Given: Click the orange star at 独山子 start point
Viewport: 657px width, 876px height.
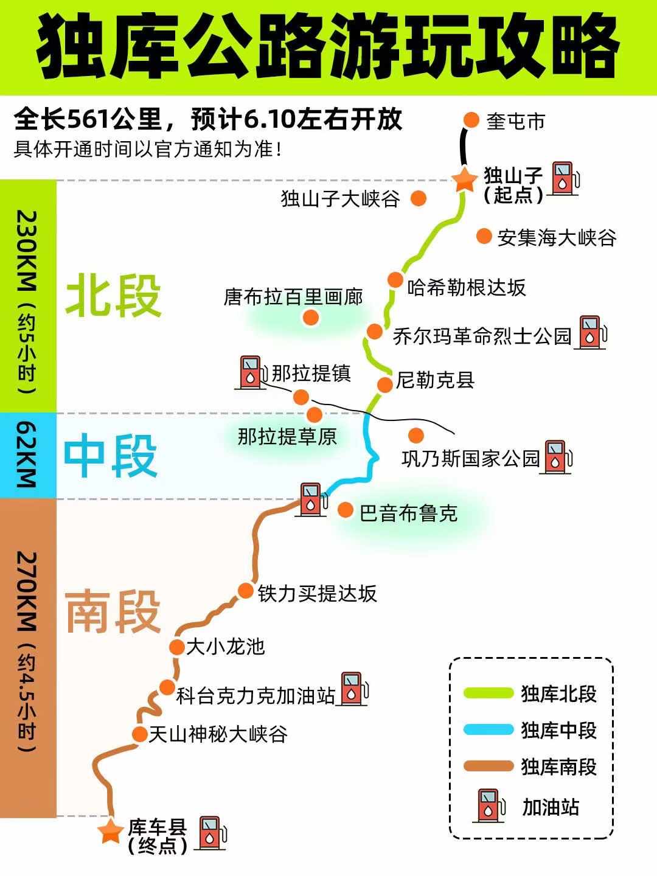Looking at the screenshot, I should [464, 179].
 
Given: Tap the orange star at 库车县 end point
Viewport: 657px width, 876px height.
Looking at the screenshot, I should [111, 830].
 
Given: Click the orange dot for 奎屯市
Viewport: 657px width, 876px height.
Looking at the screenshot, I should [471, 120].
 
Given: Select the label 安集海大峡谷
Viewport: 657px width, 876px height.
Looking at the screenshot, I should [556, 237].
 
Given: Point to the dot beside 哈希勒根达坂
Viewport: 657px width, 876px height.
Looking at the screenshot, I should [395, 280].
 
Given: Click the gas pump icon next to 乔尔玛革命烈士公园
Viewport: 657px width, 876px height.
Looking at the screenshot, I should [591, 332].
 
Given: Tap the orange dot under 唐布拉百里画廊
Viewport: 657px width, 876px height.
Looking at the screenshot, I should [311, 317].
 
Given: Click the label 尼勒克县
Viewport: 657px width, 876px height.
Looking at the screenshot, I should [435, 380].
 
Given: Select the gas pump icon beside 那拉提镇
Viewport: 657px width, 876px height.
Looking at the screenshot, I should [251, 372].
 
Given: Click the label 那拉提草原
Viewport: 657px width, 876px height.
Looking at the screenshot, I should [287, 436].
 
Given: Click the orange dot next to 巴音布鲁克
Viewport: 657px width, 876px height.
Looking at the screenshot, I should [346, 510].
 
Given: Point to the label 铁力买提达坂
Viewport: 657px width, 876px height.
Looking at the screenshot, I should [317, 593].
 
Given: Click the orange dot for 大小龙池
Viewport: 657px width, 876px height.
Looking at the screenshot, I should [176, 647].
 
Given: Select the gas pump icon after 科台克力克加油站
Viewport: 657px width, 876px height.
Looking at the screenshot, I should [353, 689].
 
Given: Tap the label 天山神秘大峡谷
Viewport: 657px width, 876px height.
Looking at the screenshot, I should [218, 734].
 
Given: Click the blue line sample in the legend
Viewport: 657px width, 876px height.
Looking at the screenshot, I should [488, 730].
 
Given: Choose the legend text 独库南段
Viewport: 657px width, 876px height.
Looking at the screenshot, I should [558, 766].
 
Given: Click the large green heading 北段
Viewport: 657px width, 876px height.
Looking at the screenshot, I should [113, 296].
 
